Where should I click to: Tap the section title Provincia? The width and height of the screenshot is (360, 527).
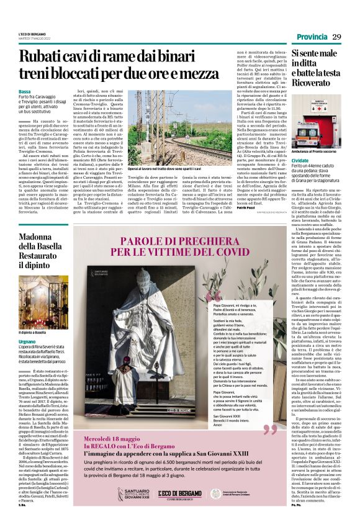coord(308,38)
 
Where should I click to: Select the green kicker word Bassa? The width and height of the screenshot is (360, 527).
coord(25,91)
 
